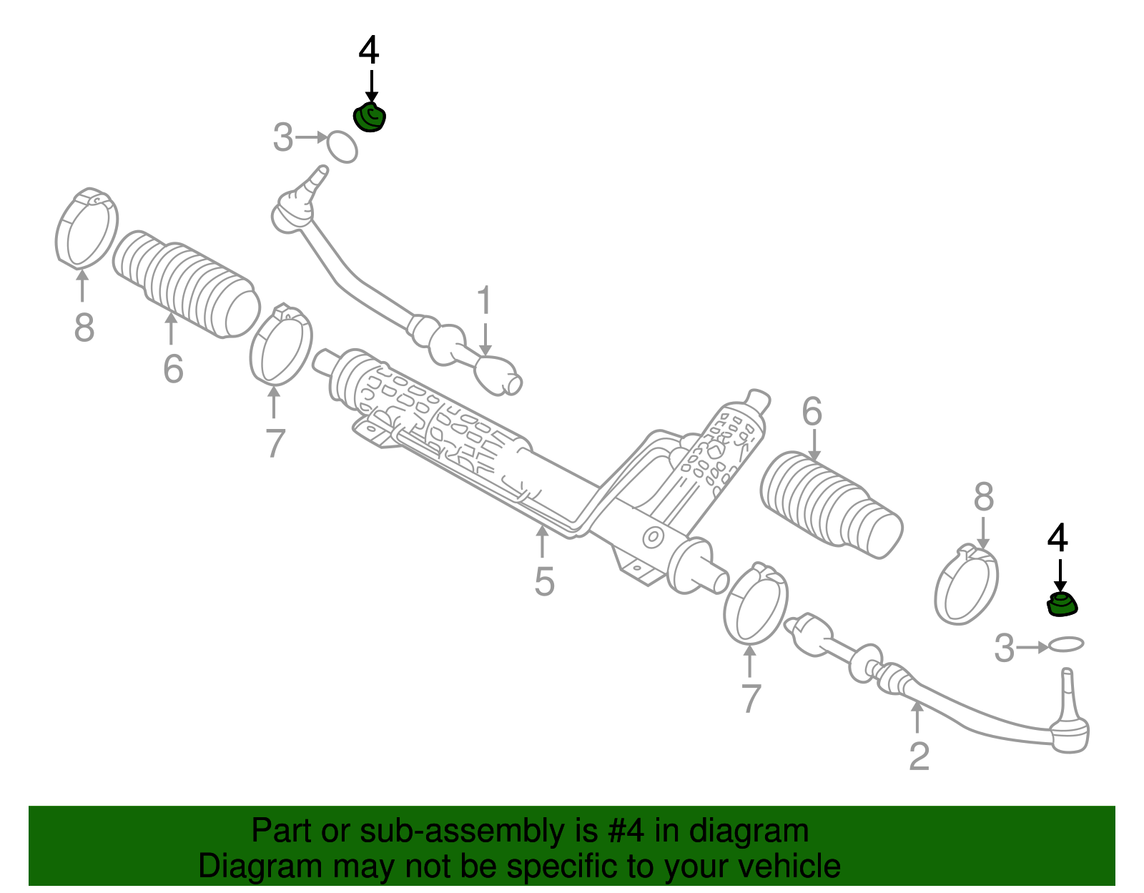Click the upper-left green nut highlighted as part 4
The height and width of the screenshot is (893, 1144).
coord(369,118)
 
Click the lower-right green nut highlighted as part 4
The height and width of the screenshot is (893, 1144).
coord(1061,604)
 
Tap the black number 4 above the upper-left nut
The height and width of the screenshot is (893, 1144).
coord(368,50)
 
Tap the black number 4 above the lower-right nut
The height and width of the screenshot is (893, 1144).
coord(1057,537)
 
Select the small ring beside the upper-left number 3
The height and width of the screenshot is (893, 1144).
coord(342,147)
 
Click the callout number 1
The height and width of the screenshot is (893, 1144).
coord(484,300)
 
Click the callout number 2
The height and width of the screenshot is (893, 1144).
coord(919,756)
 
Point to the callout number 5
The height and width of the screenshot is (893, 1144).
coord(544,582)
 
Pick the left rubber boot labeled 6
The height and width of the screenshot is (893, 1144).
coord(187,284)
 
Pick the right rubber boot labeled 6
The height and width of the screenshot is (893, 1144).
coord(832,504)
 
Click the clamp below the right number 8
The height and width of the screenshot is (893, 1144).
coord(967,584)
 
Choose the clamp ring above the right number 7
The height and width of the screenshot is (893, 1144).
coord(756,603)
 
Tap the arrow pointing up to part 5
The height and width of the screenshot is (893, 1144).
coord(542,541)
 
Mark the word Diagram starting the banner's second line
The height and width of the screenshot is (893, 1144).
coord(260,866)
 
